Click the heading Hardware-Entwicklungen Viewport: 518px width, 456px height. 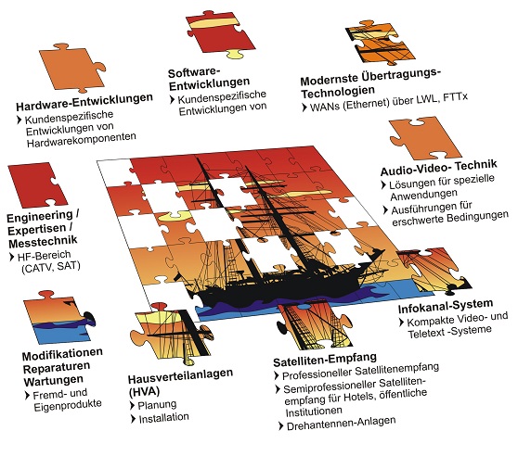pos(84,102)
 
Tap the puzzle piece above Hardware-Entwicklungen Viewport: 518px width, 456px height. pos(72,69)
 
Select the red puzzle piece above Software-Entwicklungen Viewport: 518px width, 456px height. pos(219,34)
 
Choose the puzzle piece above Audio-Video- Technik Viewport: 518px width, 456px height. pos(425,138)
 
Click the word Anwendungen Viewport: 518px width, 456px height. pos(424,195)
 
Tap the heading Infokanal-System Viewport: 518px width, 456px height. pos(446,306)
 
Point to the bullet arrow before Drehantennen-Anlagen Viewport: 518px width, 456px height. pos(280,425)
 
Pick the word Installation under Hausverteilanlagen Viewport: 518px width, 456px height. pos(164,418)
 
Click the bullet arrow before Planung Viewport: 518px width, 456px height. pos(133,405)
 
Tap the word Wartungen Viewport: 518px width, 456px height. pos(54,381)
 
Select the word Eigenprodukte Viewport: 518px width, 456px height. pos(68,406)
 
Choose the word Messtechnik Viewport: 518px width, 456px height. pos(43,242)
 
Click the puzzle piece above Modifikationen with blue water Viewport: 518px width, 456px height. pos(59,318)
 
